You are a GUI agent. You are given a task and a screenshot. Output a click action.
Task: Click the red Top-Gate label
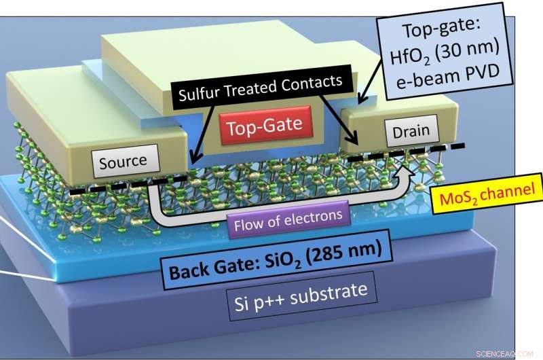tap(266, 125)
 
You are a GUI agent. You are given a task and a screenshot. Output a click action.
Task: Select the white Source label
tap(126, 161)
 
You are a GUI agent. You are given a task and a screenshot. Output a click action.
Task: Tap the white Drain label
tap(411, 131)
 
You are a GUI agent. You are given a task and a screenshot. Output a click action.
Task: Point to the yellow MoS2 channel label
tap(487, 194)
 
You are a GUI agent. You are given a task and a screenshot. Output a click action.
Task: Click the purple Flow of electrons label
tap(288, 219)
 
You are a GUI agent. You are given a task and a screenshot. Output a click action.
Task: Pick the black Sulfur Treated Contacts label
tap(261, 88)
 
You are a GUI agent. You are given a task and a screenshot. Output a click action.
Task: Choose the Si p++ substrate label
tap(301, 296)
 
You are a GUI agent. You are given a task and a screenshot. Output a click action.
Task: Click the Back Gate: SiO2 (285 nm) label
tap(276, 259)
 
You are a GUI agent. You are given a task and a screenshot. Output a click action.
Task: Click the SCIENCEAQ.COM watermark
tap(504, 354)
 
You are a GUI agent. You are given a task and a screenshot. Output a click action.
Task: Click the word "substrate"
tap(329, 294)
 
